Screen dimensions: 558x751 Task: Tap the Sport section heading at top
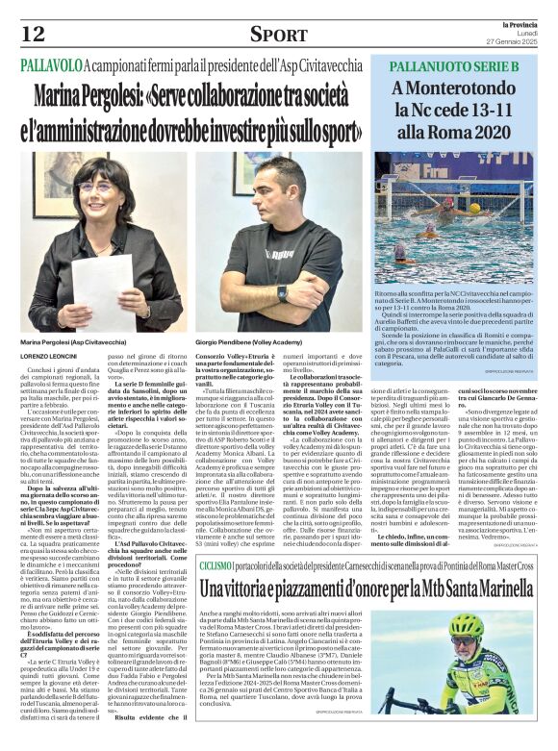click(x=279, y=35)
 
